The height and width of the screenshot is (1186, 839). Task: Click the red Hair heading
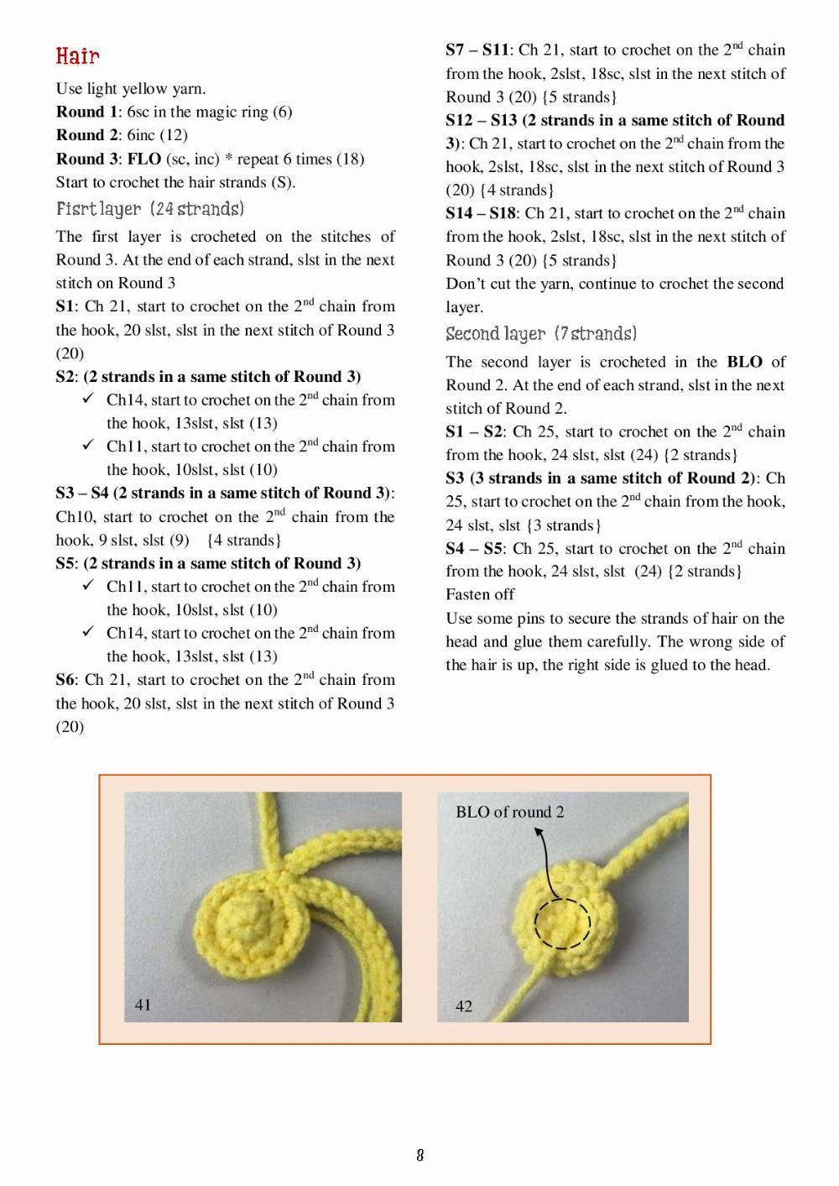[x=78, y=56]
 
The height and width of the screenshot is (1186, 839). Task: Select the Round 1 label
[x=87, y=112]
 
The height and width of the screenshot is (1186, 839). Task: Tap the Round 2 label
[x=87, y=134]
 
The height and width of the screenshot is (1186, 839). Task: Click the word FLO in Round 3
[x=144, y=159]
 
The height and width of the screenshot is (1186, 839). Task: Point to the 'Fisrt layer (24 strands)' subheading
[x=150, y=208]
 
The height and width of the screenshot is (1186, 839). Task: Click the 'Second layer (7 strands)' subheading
[x=541, y=334]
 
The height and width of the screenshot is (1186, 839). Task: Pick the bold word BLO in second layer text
[x=744, y=363]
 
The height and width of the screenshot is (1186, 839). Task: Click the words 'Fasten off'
[x=480, y=594]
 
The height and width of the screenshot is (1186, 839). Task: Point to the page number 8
[x=419, y=1155]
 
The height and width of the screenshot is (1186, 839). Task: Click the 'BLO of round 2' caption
[x=509, y=812]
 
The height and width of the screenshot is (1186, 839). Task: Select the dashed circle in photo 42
[x=562, y=923]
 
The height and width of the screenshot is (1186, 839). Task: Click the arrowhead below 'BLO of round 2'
[x=539, y=833]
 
